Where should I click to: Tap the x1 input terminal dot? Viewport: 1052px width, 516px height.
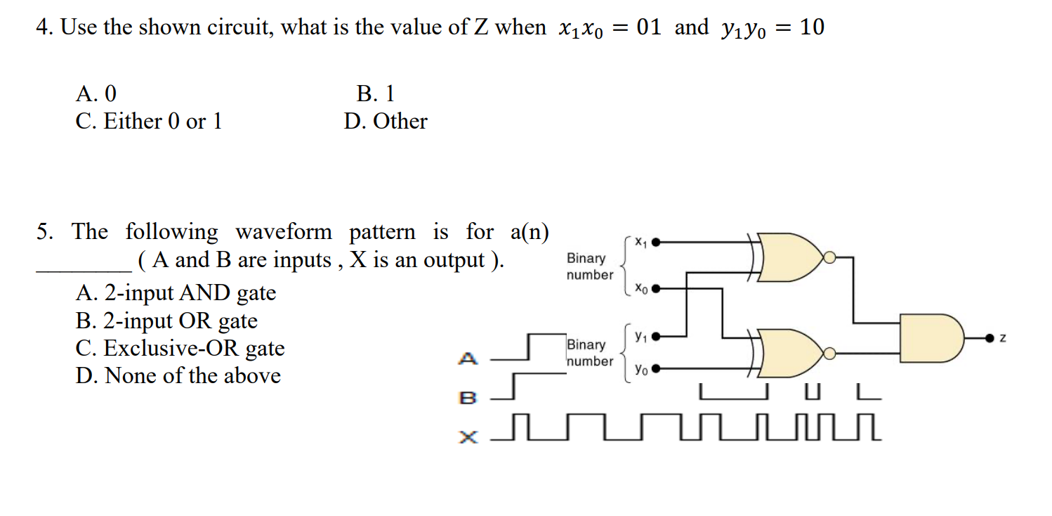pos(656,243)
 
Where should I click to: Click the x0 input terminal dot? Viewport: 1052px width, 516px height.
pos(656,288)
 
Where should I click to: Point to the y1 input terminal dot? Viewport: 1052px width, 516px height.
pos(656,337)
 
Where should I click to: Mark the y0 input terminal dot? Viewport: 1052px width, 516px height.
pos(656,368)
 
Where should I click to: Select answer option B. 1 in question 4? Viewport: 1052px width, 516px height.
pos(375,93)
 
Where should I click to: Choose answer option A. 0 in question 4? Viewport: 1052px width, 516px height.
pos(96,93)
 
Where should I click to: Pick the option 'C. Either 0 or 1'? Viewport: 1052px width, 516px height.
pos(149,121)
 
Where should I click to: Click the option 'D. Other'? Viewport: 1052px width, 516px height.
pos(386,121)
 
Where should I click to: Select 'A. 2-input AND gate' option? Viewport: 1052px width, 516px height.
pos(176,292)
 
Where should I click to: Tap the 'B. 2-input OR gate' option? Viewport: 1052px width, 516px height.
pos(166,321)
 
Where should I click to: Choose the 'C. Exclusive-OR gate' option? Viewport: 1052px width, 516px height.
pos(180,348)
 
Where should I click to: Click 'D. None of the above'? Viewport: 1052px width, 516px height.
pos(178,375)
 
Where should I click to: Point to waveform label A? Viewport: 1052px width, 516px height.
pos(468,359)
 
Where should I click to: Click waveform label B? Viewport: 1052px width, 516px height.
pos(468,398)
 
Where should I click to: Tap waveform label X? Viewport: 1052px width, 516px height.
pos(468,437)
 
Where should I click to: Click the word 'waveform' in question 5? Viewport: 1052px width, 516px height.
pos(284,231)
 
